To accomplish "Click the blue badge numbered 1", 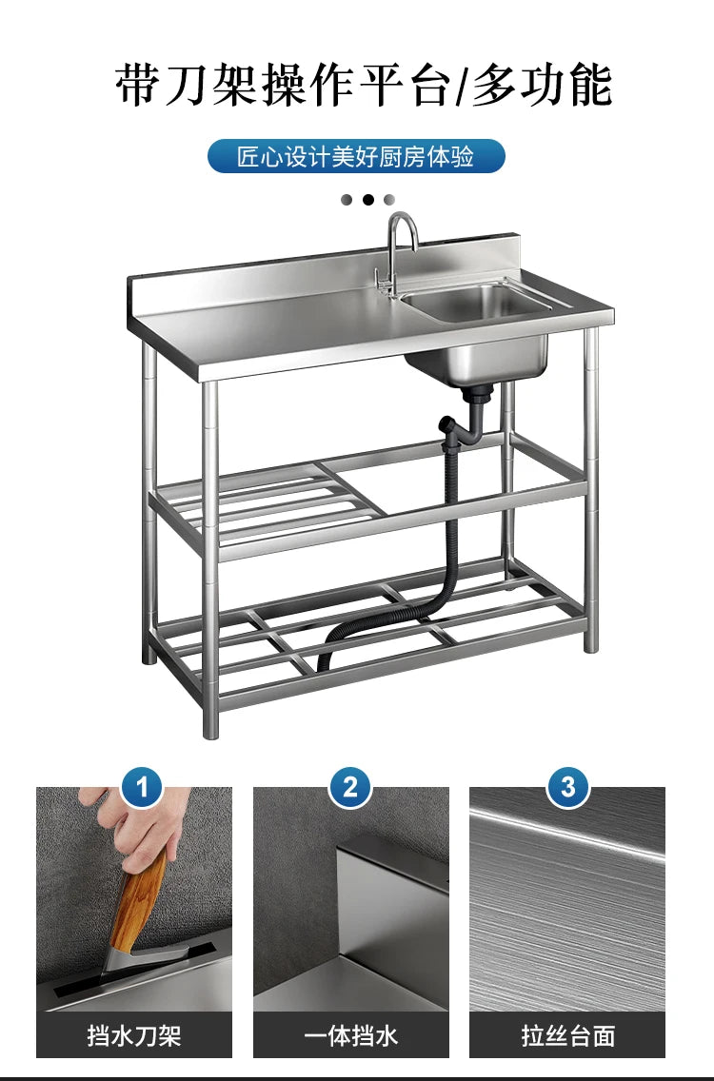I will pyautogui.click(x=143, y=788).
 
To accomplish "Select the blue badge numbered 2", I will pyautogui.click(x=350, y=788).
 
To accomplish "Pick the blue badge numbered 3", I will pyautogui.click(x=568, y=788).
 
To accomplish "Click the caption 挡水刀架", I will pyautogui.click(x=134, y=1035).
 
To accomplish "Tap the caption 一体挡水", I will pyautogui.click(x=350, y=1035).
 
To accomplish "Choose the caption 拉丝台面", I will pyautogui.click(x=568, y=1035).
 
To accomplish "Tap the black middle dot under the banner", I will pyautogui.click(x=367, y=200).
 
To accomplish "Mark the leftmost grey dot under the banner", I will pyautogui.click(x=347, y=200).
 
